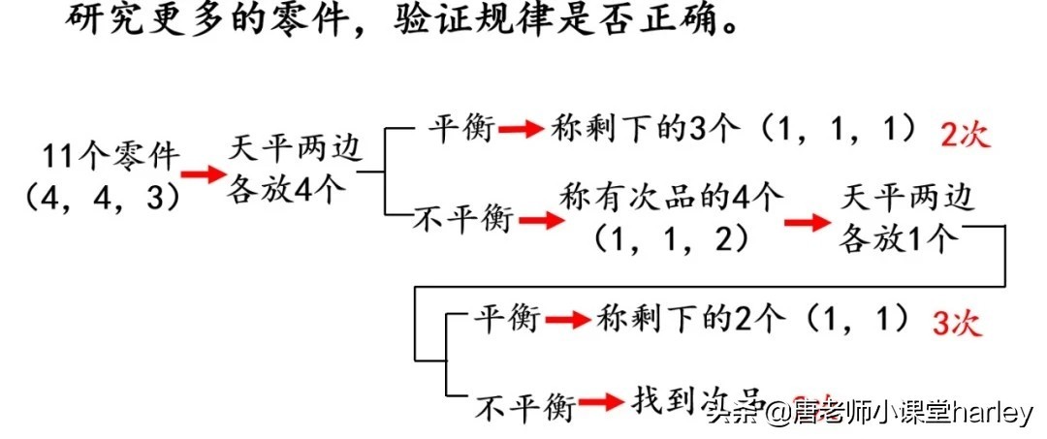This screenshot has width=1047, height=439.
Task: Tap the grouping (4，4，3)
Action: click(102, 197)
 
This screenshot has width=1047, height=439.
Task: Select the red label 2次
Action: click(965, 134)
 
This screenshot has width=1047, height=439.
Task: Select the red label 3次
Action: click(956, 323)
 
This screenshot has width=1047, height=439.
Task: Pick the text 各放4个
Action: click(286, 188)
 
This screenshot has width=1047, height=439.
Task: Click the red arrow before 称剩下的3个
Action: click(522, 129)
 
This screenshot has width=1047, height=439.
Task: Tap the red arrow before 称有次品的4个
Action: click(541, 220)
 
